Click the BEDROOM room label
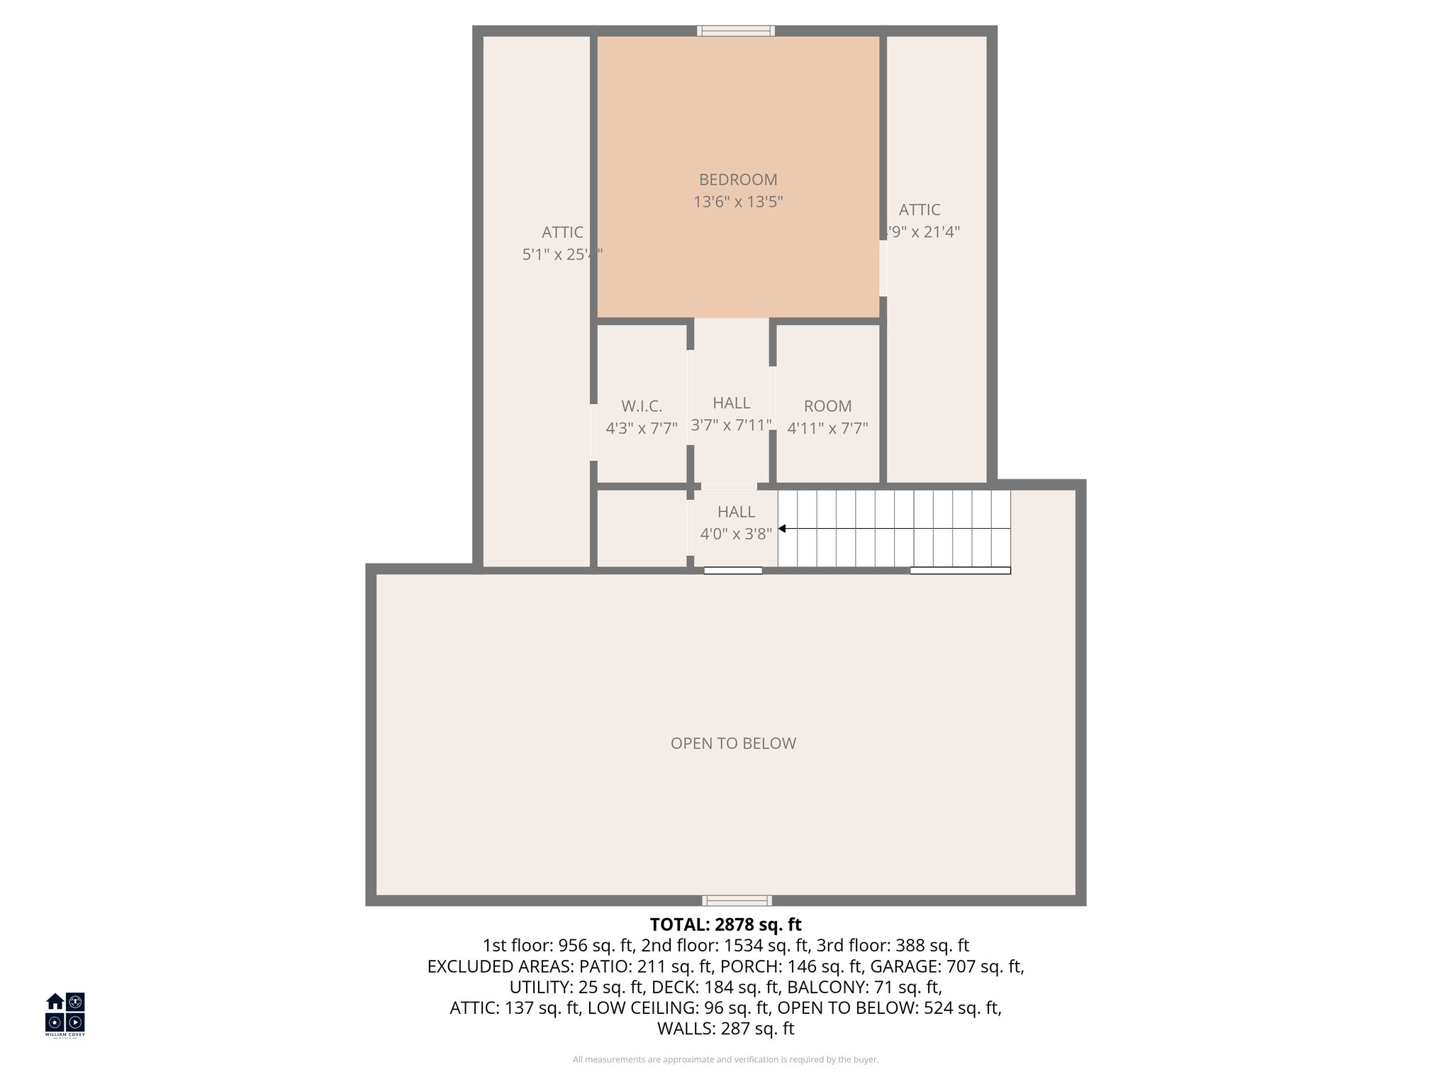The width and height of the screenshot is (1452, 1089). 738,180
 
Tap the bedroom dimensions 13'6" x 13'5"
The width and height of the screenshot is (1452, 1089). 738,202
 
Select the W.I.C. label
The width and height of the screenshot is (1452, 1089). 642,406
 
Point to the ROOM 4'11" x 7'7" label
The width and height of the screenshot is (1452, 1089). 827,418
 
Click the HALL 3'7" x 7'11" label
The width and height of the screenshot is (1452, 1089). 731,414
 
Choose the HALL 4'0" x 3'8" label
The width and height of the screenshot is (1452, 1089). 736,523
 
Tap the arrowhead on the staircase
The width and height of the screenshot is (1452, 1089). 782,528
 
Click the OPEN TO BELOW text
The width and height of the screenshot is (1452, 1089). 733,743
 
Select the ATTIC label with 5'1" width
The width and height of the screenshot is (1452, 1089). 562,242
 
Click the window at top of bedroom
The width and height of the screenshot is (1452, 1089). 735,30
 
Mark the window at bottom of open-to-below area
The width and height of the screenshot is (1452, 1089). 737,900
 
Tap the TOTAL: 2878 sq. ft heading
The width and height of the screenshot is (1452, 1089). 725,925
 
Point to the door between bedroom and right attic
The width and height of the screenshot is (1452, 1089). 883,268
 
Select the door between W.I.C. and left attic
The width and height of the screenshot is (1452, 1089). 593,432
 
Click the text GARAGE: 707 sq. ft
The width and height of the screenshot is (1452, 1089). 946,966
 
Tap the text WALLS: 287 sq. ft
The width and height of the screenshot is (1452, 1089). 725,1028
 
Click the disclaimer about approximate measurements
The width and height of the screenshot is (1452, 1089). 725,1059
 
